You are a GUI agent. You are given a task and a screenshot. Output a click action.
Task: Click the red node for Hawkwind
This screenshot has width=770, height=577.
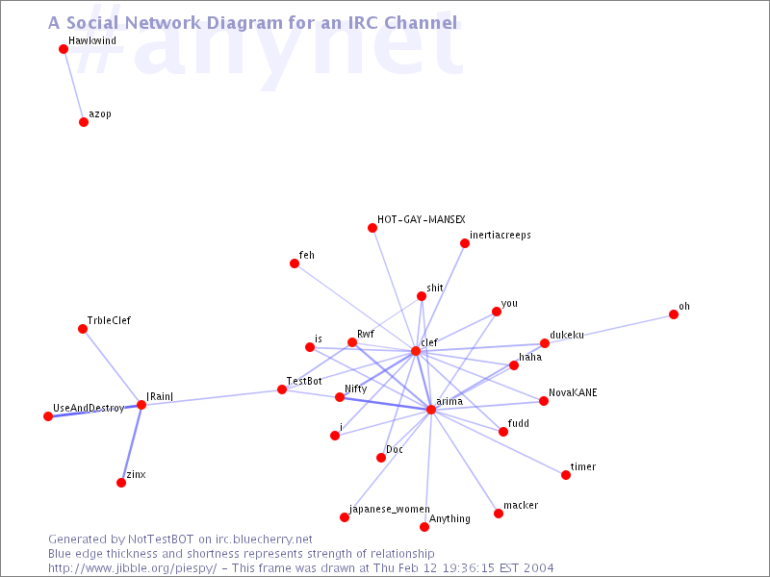(x=64, y=49)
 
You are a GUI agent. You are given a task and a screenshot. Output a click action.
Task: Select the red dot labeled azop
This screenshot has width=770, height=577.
(x=84, y=122)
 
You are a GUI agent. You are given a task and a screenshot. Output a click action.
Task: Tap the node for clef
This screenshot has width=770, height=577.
(x=416, y=351)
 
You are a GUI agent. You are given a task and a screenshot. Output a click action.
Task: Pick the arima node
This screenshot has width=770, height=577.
(x=430, y=410)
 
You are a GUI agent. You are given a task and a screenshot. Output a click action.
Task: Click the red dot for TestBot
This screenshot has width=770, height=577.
(x=282, y=389)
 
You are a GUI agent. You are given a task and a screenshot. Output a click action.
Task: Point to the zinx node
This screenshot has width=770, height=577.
(x=121, y=483)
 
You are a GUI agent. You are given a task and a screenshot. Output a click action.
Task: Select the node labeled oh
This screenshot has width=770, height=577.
(x=674, y=314)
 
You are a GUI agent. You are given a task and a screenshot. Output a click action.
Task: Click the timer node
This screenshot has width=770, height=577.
(x=566, y=475)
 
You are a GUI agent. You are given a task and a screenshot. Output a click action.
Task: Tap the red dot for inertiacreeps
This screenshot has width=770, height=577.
(x=465, y=243)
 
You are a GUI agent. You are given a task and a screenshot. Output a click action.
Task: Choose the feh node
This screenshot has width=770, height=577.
(x=295, y=263)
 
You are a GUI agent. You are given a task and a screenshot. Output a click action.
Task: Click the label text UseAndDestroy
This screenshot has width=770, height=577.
(x=89, y=408)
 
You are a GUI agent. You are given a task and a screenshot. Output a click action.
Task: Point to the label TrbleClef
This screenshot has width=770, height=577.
(x=109, y=320)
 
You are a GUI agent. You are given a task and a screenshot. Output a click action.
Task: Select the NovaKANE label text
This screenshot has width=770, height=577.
(x=573, y=392)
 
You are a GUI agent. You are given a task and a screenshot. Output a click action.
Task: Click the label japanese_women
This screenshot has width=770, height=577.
(x=390, y=509)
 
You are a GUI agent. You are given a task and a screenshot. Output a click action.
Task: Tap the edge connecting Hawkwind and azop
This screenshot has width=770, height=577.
(x=74, y=86)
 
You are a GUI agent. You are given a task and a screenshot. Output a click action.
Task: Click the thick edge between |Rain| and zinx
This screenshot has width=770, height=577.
(x=131, y=444)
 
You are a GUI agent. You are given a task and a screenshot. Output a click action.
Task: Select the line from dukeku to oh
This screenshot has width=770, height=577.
(x=609, y=329)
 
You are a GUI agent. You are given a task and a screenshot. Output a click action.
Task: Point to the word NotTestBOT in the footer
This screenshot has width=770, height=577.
(x=161, y=539)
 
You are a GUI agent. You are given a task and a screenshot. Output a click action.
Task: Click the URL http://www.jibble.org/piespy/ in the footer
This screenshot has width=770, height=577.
(x=133, y=568)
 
